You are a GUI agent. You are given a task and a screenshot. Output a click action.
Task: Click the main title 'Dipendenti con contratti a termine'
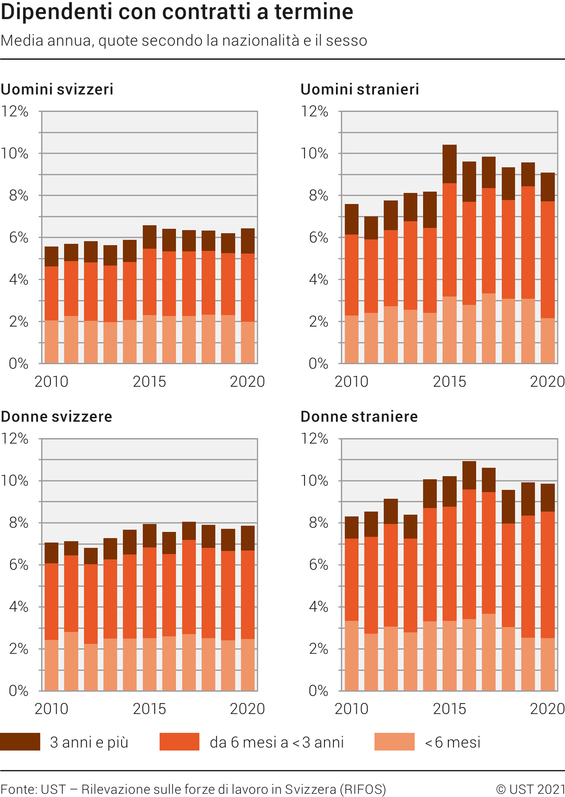pos(177,12)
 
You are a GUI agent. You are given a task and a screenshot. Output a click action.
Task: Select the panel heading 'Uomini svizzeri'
pos(57,89)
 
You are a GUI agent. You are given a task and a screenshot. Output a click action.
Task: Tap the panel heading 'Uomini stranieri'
pos(359,89)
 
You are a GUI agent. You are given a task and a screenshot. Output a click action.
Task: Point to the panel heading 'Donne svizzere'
pos(56,416)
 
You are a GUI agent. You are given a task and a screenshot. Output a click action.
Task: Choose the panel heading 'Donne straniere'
pos(359,416)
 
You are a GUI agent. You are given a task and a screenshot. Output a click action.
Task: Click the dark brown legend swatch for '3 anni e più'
pos(20,742)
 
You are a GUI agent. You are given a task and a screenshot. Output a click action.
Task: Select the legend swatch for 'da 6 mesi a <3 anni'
pos(179,742)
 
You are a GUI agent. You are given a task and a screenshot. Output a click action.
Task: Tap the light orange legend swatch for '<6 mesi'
pos(394,742)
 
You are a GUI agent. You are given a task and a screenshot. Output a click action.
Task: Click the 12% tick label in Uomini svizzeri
pos(15,112)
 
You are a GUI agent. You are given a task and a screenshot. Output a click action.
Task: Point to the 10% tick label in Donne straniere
pos(314,481)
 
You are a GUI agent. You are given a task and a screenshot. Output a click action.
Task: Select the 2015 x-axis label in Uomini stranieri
pos(449,381)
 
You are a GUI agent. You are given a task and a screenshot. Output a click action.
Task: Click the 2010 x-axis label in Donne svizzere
pos(51,708)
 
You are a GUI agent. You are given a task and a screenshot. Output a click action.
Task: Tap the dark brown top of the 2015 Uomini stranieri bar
pos(450,164)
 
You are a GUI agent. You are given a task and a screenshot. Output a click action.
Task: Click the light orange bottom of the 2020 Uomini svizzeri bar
pos(248,343)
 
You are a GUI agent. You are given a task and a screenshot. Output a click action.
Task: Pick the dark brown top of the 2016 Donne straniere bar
pos(469,475)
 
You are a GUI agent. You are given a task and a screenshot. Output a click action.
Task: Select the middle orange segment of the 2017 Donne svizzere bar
pos(189,587)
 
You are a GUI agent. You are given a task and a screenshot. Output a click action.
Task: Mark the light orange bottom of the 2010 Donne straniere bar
pos(351,655)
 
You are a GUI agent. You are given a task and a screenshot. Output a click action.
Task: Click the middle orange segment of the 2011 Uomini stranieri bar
pos(371,276)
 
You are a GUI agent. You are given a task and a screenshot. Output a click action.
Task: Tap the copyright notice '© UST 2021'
pos(531,789)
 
